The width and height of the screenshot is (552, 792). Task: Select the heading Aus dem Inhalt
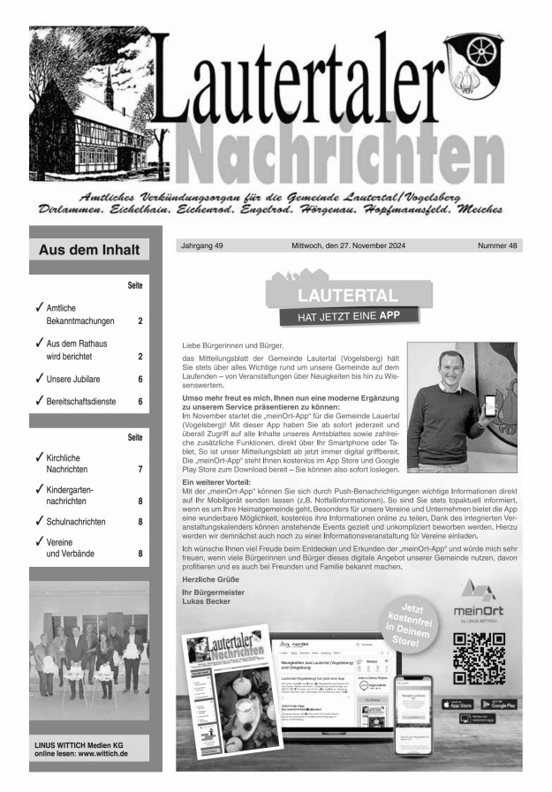(89, 250)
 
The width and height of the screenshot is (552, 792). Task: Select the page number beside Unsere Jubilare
(140, 379)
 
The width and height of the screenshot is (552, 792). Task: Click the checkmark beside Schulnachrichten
(40, 521)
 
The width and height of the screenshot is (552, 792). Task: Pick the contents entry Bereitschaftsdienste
(85, 402)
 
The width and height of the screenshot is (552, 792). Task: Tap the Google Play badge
(499, 704)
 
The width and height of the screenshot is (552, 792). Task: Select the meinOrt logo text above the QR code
(477, 611)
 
